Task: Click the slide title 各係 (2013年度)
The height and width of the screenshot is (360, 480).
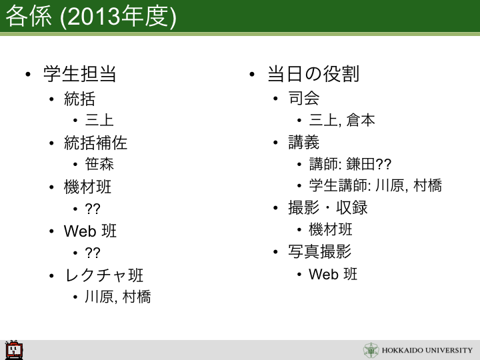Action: [x=91, y=17]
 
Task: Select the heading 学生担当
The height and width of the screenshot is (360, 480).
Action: [x=79, y=74]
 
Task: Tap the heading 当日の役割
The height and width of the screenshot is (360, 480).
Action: [x=313, y=74]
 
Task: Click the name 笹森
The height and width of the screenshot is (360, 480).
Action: [x=99, y=164]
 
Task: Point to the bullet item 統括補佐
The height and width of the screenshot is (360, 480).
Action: [x=95, y=143]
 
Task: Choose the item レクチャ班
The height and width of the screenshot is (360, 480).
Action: [x=104, y=275]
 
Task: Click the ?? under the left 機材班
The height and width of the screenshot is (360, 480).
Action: [x=93, y=209]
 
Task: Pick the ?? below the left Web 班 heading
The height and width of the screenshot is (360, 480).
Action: [x=93, y=253]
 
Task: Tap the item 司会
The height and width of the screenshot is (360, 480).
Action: [x=304, y=98]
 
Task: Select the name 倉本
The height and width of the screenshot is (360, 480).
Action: [x=361, y=120]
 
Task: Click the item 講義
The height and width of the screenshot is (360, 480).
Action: [x=304, y=142]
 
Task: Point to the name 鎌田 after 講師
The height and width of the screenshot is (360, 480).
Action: [x=361, y=164]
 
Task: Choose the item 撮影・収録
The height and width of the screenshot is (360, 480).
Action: [x=327, y=207]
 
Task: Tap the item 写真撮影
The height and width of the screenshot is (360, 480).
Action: [x=319, y=251]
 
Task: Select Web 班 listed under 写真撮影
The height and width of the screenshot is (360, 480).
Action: [x=333, y=274]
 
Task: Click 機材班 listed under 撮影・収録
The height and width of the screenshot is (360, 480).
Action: [x=331, y=229]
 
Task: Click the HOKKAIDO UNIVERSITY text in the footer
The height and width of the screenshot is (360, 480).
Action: [x=427, y=350]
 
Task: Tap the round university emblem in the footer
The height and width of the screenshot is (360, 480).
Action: [x=371, y=350]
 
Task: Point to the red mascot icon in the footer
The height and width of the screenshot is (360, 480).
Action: [x=14, y=349]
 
